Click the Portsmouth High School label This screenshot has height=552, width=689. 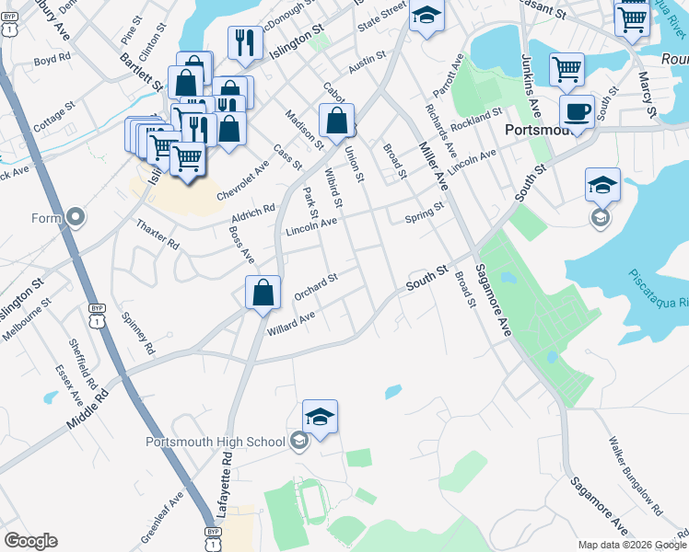(216, 442)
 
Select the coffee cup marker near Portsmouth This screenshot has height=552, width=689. (577, 112)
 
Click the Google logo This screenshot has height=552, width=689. (30, 541)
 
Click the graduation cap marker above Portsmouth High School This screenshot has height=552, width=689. (321, 417)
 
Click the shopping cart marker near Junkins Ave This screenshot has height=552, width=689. (566, 70)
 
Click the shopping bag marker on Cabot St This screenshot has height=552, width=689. (337, 120)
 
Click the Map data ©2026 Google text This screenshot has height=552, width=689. (632, 544)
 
